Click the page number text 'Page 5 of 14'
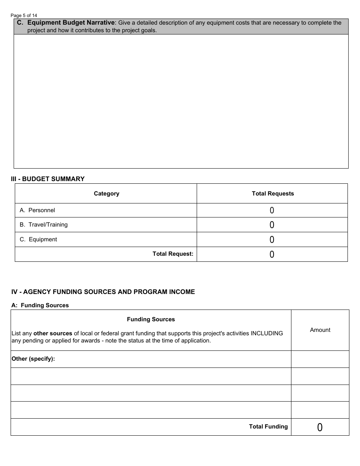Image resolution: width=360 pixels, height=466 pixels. pyautogui.click(x=24, y=16)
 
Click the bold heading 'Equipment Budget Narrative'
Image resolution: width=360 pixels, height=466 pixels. pyautogui.click(x=71, y=23)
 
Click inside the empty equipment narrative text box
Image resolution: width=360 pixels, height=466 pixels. pyautogui.click(x=181, y=101)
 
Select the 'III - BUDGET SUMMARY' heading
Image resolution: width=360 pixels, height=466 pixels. pyautogui.click(x=48, y=179)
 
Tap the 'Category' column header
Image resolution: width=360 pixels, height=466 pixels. pyautogui.click(x=106, y=194)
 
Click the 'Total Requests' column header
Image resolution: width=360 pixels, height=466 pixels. pyautogui.click(x=272, y=194)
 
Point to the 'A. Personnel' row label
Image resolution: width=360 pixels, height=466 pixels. pyautogui.click(x=37, y=210)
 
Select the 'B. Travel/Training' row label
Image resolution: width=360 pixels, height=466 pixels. pyautogui.click(x=44, y=225)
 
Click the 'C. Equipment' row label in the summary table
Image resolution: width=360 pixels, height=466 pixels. pyautogui.click(x=38, y=239)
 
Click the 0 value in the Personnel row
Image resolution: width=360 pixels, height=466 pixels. pyautogui.click(x=272, y=211)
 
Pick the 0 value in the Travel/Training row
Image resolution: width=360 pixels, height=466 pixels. pyautogui.click(x=272, y=225)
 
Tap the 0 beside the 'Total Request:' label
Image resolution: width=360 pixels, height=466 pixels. pyautogui.click(x=272, y=255)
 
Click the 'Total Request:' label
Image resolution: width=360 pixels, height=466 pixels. pyautogui.click(x=173, y=254)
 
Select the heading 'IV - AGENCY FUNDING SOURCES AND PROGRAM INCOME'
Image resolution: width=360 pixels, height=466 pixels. pyautogui.click(x=103, y=292)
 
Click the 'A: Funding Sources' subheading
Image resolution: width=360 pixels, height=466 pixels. pyautogui.click(x=40, y=305)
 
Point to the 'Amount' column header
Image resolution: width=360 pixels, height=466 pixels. pyautogui.click(x=320, y=330)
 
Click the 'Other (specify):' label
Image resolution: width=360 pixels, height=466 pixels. pyautogui.click(x=33, y=359)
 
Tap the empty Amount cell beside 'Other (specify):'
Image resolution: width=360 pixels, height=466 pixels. pyautogui.click(x=320, y=359)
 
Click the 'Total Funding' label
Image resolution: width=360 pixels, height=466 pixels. pyautogui.click(x=268, y=427)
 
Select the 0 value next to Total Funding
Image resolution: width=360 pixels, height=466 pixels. pyautogui.click(x=320, y=427)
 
